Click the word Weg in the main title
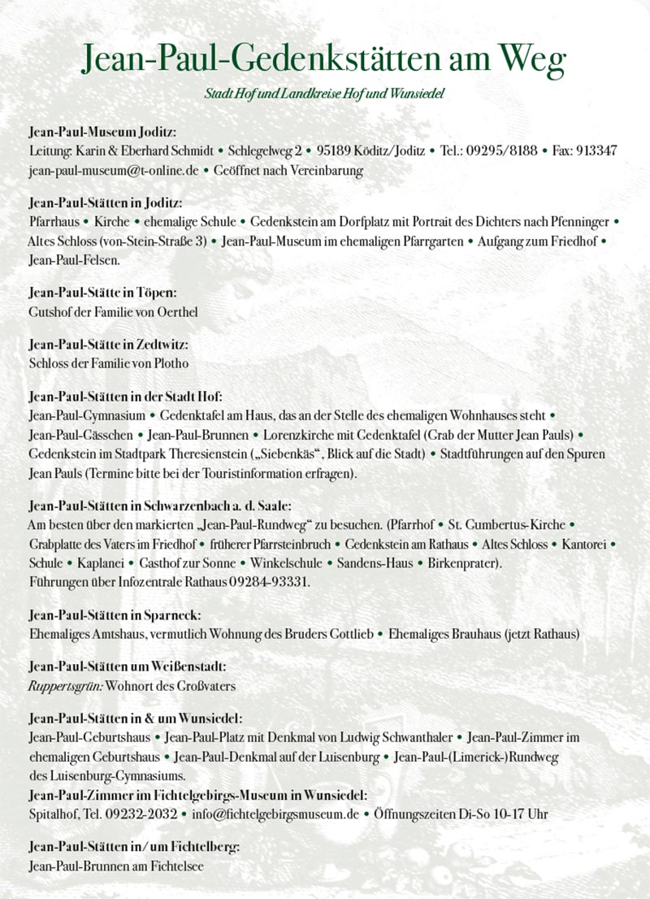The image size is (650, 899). pos(531,58)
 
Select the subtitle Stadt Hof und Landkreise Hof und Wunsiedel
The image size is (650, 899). pos(324,94)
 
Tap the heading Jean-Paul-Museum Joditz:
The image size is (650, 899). pos(102,132)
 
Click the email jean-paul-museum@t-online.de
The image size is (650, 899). pos(114,171)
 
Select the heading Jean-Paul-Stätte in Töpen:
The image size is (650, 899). pos(102,292)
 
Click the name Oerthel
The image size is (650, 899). pos(175,311)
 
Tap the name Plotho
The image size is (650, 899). pos(169,363)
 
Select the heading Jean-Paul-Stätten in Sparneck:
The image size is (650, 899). pos(115,615)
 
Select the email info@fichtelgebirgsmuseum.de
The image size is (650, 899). pos(275,814)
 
